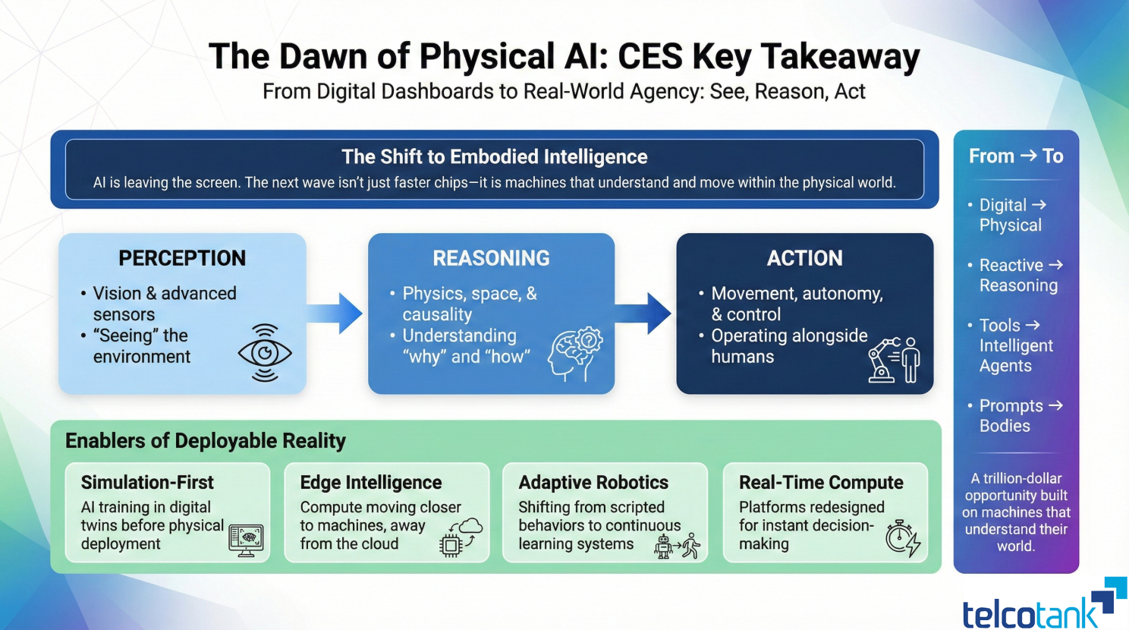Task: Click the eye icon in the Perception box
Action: [265, 353]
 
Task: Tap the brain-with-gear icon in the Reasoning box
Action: [576, 354]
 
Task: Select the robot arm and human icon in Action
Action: [895, 360]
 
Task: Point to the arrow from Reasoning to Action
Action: [644, 313]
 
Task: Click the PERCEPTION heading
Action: [182, 258]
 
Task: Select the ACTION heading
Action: [804, 258]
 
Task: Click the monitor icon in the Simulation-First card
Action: [246, 540]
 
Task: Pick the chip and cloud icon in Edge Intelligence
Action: [460, 537]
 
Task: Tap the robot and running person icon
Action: [677, 546]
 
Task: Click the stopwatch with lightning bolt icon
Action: [902, 538]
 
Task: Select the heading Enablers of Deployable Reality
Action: [206, 441]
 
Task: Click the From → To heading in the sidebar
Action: [1016, 156]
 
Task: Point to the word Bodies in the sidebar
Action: [1005, 426]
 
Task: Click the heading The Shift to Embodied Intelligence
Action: [495, 157]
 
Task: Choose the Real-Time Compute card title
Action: [821, 483]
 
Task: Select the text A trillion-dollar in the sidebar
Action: [1016, 478]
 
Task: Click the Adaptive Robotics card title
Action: [593, 483]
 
